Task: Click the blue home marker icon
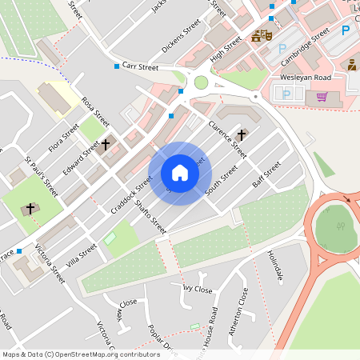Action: [180, 173]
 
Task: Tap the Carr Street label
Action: [141, 68]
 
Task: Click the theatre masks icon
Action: [260, 36]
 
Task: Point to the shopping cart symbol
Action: [322, 97]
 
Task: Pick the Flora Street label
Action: [65, 137]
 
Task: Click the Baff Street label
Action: [266, 174]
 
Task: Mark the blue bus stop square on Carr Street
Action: [117, 66]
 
